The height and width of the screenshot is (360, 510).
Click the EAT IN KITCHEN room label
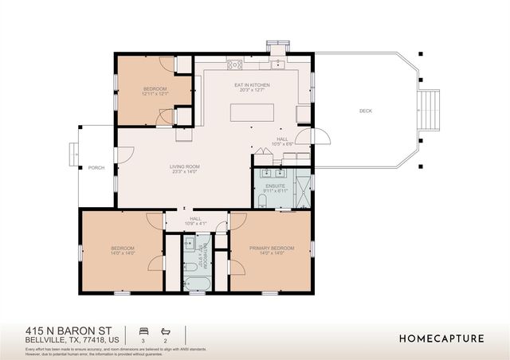click(252, 84)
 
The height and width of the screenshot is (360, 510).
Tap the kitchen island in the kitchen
click(252, 112)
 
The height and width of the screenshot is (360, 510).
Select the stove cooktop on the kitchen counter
click(234, 65)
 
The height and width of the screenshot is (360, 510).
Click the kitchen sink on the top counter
click(277, 64)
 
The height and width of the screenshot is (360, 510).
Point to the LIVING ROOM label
click(183, 166)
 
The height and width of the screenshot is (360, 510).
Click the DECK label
click(366, 111)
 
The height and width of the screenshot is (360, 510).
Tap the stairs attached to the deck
click(429, 104)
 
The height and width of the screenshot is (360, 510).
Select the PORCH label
click(96, 167)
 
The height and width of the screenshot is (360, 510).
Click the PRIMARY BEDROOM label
click(272, 248)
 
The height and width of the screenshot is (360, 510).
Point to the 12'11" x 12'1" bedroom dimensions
click(155, 94)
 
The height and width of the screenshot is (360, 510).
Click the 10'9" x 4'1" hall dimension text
click(195, 224)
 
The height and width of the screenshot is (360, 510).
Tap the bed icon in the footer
click(143, 331)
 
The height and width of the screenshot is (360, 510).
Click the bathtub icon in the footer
click(166, 331)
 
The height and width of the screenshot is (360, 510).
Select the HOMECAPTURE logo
click(441, 338)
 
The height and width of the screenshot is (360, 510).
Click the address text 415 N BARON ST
click(67, 329)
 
